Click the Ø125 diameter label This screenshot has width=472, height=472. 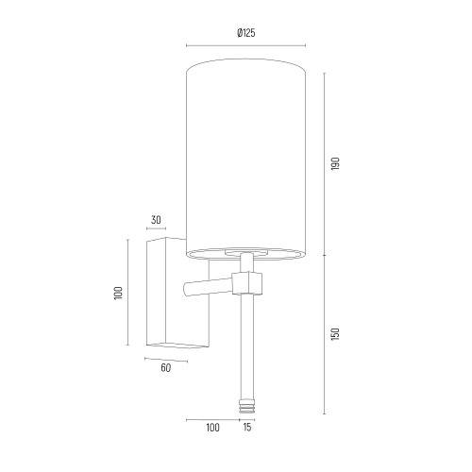pos(246,33)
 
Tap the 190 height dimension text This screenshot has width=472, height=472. pos(335,163)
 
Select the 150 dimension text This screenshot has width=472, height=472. pos(335,334)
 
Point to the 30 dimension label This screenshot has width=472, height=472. pos(156,220)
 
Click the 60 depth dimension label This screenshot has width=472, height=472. pos(165,367)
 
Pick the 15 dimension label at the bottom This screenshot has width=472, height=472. pos(247,428)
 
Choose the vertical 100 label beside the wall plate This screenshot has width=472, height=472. pos(118,293)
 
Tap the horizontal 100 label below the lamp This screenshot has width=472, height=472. pos(212,428)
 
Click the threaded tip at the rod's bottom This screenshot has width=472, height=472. pos(246,407)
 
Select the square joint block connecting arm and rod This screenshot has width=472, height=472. pos(247,283)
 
